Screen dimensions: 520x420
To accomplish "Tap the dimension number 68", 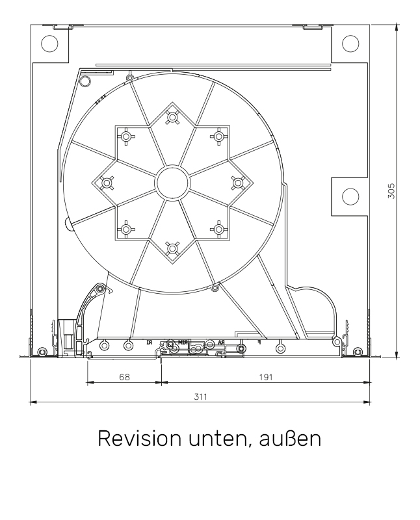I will [x=124, y=376].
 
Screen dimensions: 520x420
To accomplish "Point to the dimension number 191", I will [x=265, y=376].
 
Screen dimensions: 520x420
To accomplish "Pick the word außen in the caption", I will [x=291, y=440].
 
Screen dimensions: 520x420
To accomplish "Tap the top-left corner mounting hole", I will [x=49, y=43].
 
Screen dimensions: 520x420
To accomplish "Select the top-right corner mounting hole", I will [x=350, y=43].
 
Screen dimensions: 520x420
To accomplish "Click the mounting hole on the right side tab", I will [x=350, y=196].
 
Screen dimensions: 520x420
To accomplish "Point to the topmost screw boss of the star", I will [x=172, y=118].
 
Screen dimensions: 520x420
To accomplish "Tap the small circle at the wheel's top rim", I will [x=130, y=78].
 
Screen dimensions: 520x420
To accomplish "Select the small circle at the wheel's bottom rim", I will [x=215, y=287].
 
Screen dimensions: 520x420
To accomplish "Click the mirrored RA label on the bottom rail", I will [x=222, y=341].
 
